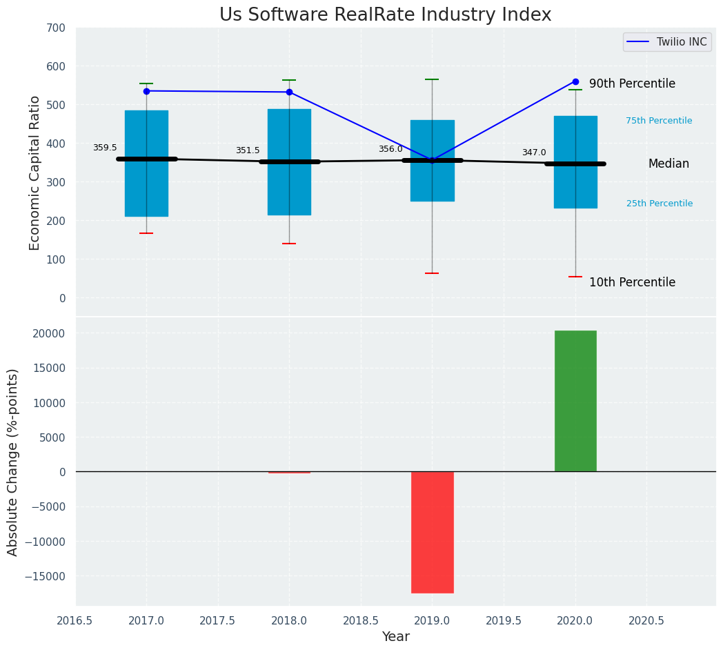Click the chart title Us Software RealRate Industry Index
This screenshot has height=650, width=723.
(385, 15)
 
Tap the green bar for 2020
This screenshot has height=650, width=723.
(575, 401)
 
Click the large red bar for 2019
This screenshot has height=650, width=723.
(432, 532)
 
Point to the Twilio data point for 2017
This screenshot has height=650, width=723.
(146, 91)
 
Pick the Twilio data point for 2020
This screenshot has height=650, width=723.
(575, 81)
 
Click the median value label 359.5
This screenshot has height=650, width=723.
(105, 148)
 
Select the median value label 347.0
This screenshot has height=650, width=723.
(534, 152)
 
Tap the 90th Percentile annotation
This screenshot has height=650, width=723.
(632, 83)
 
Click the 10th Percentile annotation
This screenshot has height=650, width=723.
(632, 282)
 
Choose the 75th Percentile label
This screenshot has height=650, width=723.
(659, 121)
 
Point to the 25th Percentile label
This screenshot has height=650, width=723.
(660, 204)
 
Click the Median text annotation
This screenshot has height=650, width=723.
(668, 164)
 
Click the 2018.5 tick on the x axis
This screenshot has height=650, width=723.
(361, 620)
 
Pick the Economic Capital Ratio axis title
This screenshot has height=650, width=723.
(35, 172)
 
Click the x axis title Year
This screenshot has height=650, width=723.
(396, 636)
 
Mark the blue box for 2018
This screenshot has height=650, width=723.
(289, 162)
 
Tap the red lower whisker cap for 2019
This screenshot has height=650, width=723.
(432, 273)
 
